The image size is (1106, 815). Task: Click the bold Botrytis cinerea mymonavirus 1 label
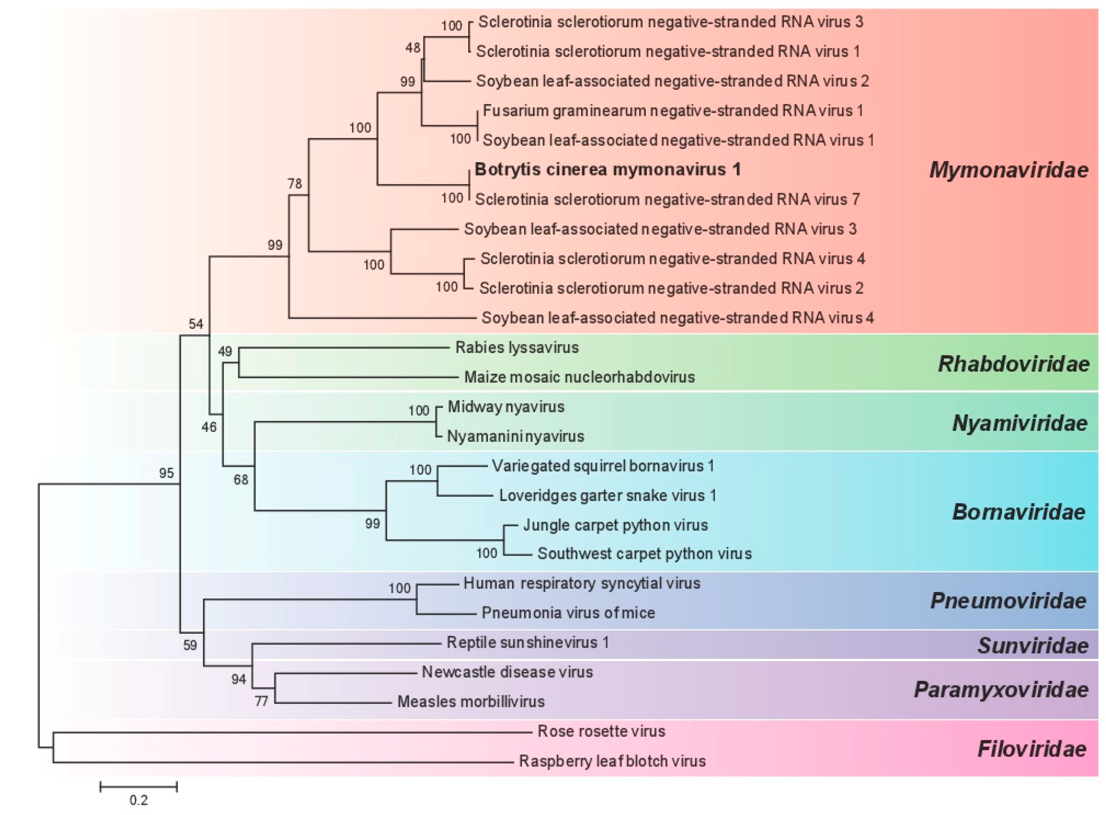[x=607, y=170]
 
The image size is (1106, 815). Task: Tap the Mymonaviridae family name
[x=1008, y=170]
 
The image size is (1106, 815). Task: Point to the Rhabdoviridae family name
[x=1013, y=364]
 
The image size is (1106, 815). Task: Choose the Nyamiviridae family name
[x=1019, y=423]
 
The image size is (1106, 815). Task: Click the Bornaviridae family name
[x=1018, y=512]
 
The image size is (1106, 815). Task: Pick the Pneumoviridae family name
[x=1008, y=601]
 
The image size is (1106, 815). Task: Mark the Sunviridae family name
[x=1032, y=646]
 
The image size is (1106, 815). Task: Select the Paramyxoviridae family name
[x=1001, y=690]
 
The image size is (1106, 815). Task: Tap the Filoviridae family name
[x=1031, y=749]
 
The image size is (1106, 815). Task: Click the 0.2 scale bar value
[x=139, y=800]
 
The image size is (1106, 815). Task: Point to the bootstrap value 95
[x=166, y=473]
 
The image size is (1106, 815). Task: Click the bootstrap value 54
[x=196, y=324]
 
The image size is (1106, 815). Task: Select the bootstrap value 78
[x=294, y=184]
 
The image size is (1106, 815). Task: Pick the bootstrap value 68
[x=241, y=480]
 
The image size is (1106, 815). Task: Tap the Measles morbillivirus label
[x=471, y=701]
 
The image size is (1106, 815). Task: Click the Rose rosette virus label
[x=601, y=731]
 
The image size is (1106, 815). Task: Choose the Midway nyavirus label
[x=506, y=407]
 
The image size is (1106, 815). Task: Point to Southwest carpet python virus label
[x=645, y=554]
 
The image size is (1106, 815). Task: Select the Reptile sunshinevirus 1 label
[x=527, y=642]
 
